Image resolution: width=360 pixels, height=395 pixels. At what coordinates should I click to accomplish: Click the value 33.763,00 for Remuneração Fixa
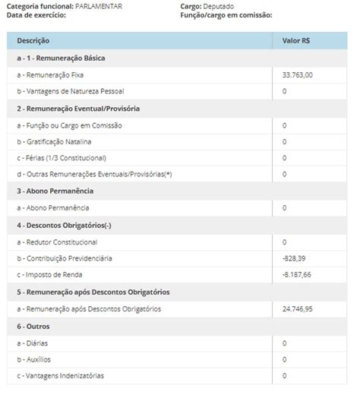coord(297,74)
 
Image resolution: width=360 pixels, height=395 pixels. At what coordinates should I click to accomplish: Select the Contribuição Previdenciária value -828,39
coord(294,258)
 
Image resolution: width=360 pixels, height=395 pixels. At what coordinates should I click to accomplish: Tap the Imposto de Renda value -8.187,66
coord(296,274)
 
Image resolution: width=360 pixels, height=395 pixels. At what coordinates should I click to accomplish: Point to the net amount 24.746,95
coord(297,308)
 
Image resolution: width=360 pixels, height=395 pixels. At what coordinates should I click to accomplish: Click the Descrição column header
coord(33,40)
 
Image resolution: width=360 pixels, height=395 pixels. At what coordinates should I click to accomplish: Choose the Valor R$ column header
coord(295,40)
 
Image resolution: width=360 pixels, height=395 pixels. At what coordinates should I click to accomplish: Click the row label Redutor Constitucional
coord(62,242)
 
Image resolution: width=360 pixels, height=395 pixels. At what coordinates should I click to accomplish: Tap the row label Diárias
coord(38,343)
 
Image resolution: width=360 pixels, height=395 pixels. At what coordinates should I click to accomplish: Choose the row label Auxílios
coord(39,359)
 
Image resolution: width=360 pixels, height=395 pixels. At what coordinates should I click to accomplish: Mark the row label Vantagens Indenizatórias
coord(64,376)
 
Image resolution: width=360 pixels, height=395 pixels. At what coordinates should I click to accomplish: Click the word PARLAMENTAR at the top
coord(99,6)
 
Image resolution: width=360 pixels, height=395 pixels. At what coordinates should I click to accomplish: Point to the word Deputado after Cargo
coord(219,6)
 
